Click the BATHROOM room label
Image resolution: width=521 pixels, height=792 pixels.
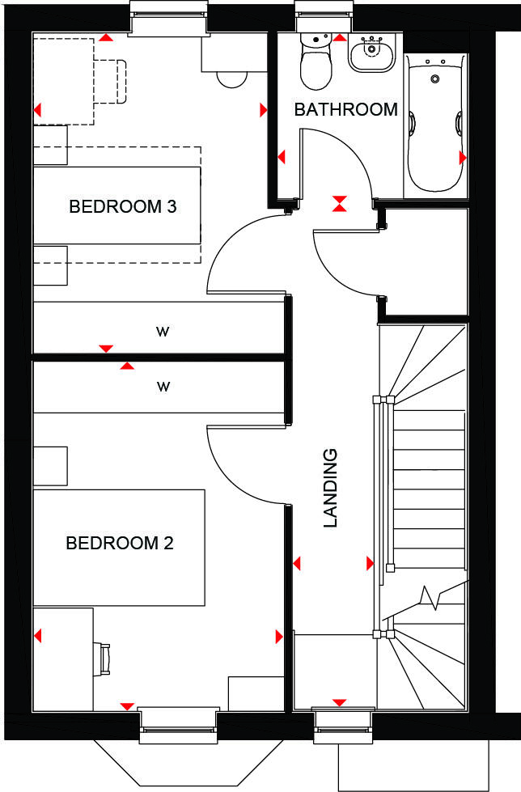(x=345, y=109)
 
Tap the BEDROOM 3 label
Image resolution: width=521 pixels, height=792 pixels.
(x=123, y=206)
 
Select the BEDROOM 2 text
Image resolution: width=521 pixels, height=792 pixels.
(x=120, y=543)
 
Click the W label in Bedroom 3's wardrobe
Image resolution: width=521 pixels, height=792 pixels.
(x=163, y=330)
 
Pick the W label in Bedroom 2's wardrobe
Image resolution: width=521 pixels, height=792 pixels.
(x=163, y=386)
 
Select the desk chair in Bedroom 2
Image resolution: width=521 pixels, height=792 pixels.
(x=104, y=659)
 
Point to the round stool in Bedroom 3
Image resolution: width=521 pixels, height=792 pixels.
(x=233, y=77)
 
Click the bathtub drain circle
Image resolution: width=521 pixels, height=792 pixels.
(x=435, y=79)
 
